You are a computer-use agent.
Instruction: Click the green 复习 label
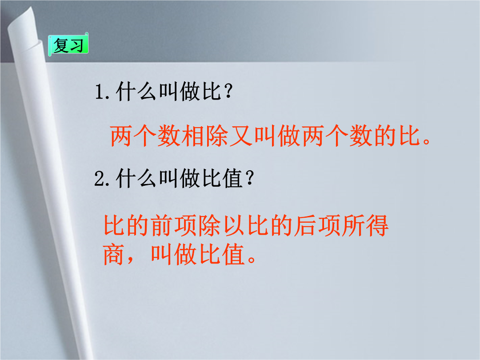coord(68,45)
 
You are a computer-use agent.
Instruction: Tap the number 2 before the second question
coord(100,178)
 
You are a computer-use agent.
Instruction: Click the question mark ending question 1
coord(228,92)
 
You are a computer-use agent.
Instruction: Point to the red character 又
coord(241,136)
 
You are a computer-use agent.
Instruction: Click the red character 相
coord(193,136)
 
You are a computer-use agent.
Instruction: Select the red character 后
coord(305,225)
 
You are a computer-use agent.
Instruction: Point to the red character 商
coord(114,254)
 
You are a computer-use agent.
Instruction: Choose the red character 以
coord(234,225)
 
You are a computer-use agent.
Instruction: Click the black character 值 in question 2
coord(233,178)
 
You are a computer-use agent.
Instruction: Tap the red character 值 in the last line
coord(234,254)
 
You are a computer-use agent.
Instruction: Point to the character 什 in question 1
coord(126,92)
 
